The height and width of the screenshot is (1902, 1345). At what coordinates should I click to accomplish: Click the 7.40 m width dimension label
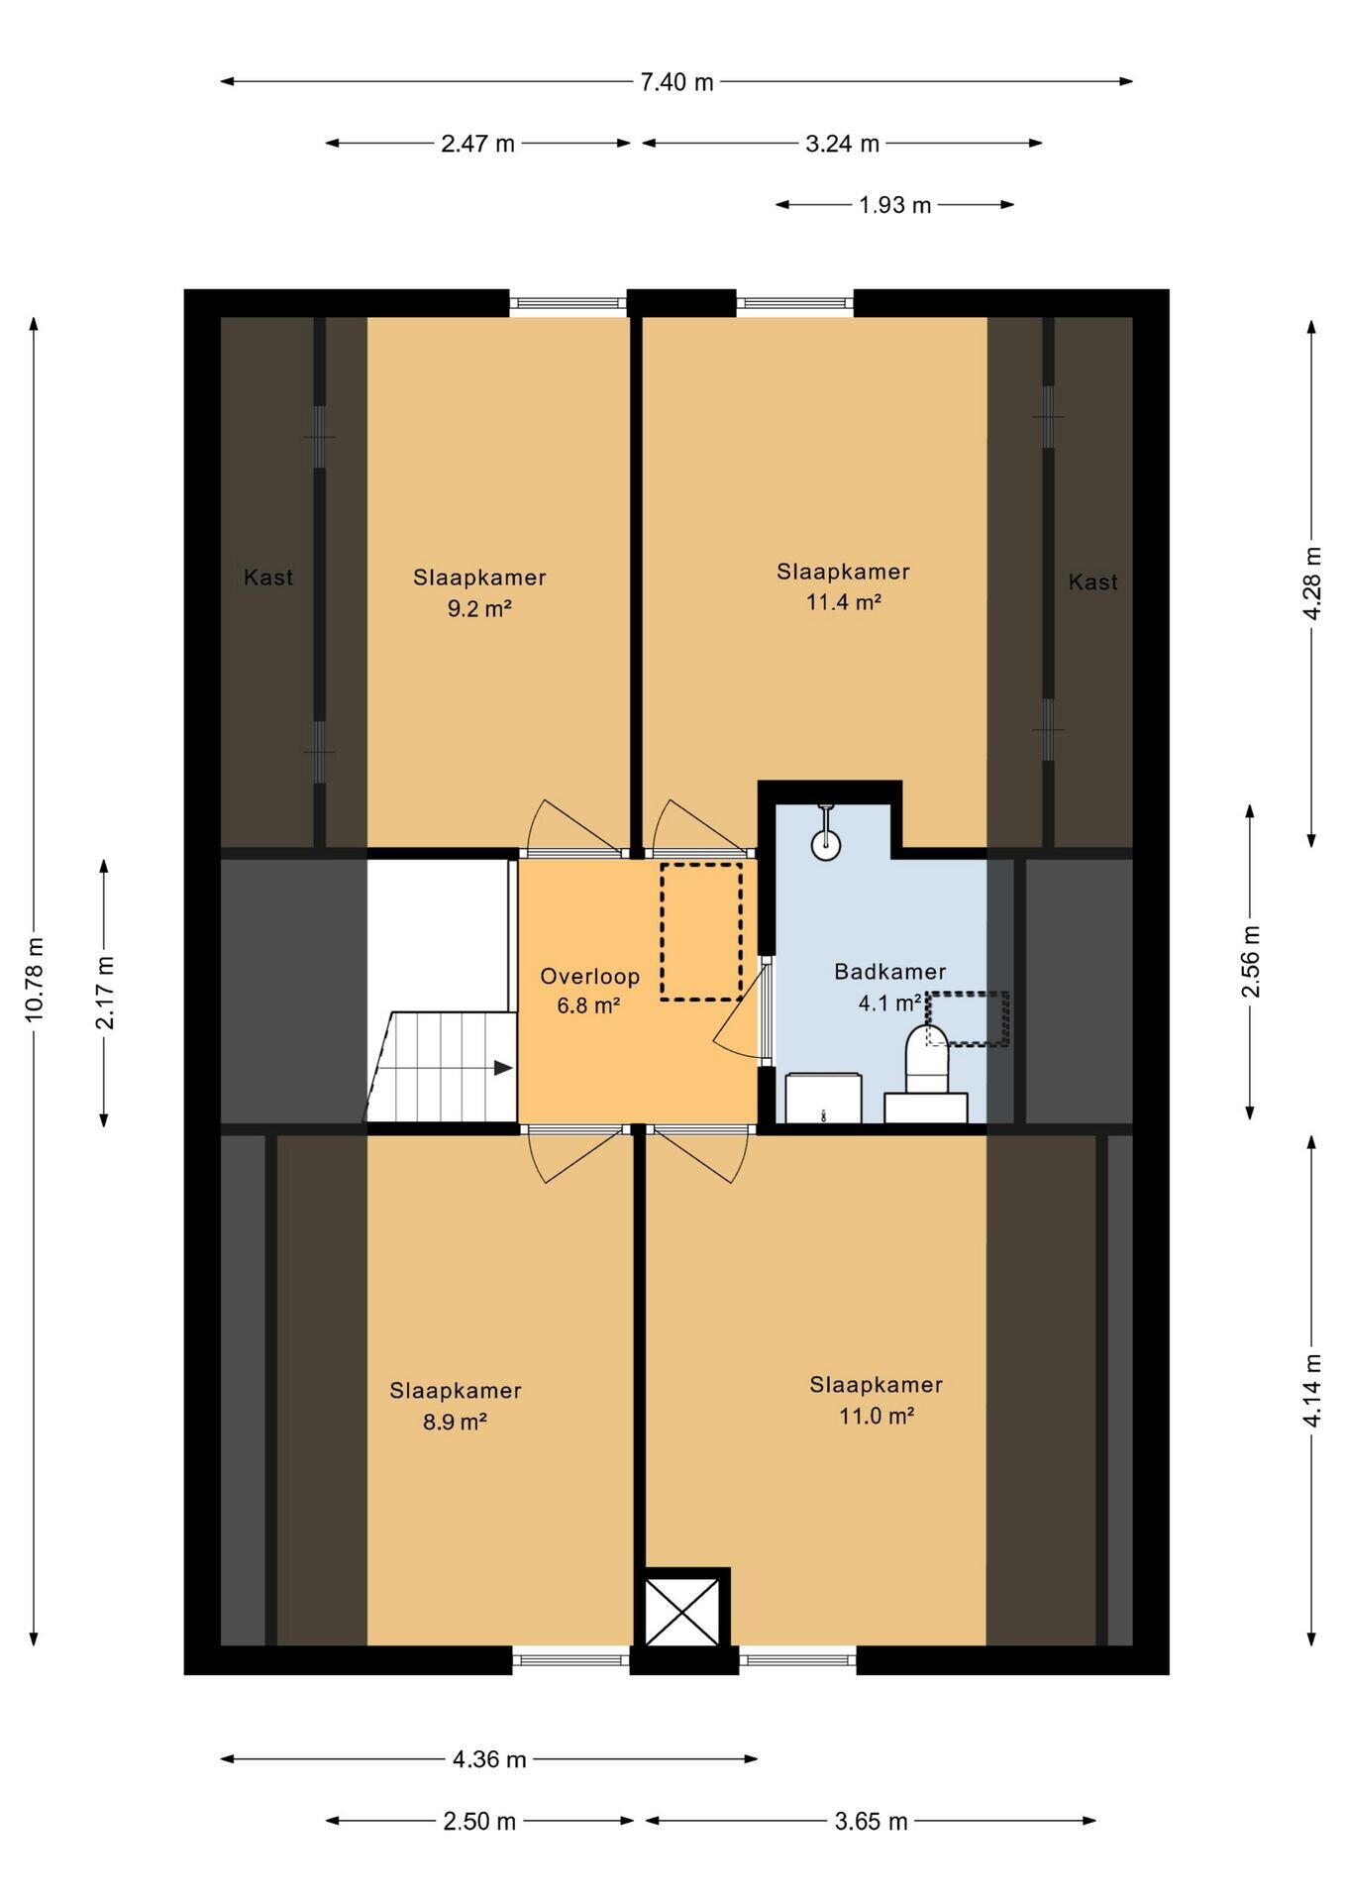tap(676, 82)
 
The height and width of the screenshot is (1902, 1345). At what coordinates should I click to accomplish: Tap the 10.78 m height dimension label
tap(35, 979)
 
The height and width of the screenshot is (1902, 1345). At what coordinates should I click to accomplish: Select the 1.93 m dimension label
tap(894, 205)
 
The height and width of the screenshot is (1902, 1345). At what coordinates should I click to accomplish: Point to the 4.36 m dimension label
tap(489, 1759)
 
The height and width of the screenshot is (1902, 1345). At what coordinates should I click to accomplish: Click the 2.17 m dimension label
tap(105, 992)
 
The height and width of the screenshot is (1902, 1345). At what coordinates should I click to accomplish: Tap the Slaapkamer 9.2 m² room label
tap(479, 592)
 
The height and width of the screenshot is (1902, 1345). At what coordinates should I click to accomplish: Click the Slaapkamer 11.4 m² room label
tap(843, 586)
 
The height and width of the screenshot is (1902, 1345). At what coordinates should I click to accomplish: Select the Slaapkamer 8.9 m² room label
tap(455, 1406)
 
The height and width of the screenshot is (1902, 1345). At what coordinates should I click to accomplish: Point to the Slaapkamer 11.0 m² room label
tap(876, 1400)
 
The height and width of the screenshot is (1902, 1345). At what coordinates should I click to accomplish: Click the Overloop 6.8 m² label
tap(589, 991)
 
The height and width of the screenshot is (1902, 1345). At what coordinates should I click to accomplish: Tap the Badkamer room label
tap(889, 972)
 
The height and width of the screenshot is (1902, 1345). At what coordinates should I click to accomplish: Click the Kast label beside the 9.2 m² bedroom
tap(268, 577)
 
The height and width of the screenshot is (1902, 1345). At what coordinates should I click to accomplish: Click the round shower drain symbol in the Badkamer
tap(825, 843)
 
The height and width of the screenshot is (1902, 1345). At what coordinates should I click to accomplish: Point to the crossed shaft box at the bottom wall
tap(682, 1612)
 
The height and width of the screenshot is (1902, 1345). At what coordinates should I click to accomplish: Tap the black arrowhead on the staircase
tap(503, 1068)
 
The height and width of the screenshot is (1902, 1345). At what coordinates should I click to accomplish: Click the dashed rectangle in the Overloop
tap(701, 931)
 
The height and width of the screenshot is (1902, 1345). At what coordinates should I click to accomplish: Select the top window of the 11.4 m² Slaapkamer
tap(794, 303)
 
